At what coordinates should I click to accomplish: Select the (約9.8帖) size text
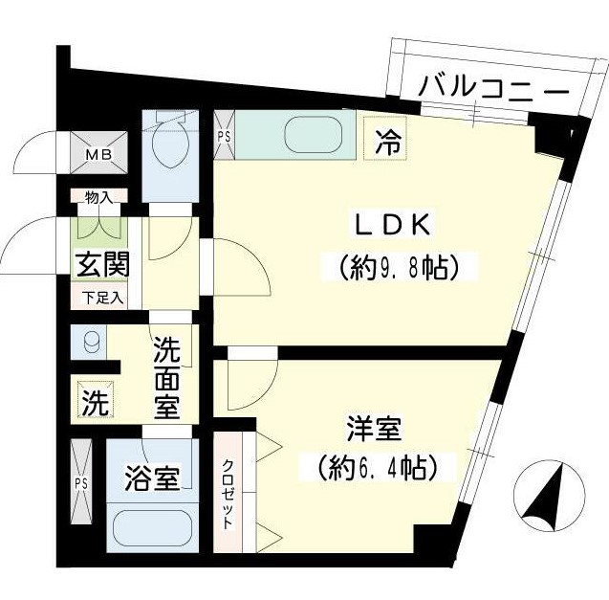[x=394, y=265]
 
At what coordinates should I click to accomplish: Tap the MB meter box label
[x=99, y=153]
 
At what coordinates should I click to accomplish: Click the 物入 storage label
[x=98, y=198]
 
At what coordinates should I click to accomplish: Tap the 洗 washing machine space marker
[x=93, y=403]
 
